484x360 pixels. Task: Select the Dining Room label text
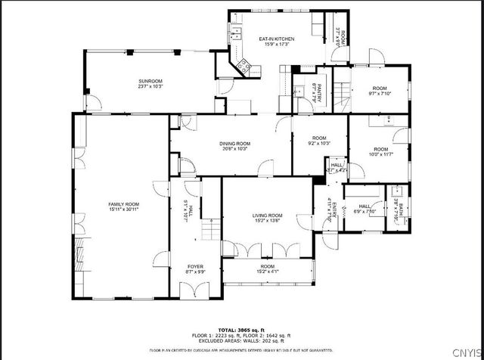click(235, 143)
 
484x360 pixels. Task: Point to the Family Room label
click(124, 204)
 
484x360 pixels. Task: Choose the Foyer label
click(196, 267)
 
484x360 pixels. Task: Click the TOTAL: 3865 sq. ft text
click(243, 331)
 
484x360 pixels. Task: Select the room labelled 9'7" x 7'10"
click(379, 92)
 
